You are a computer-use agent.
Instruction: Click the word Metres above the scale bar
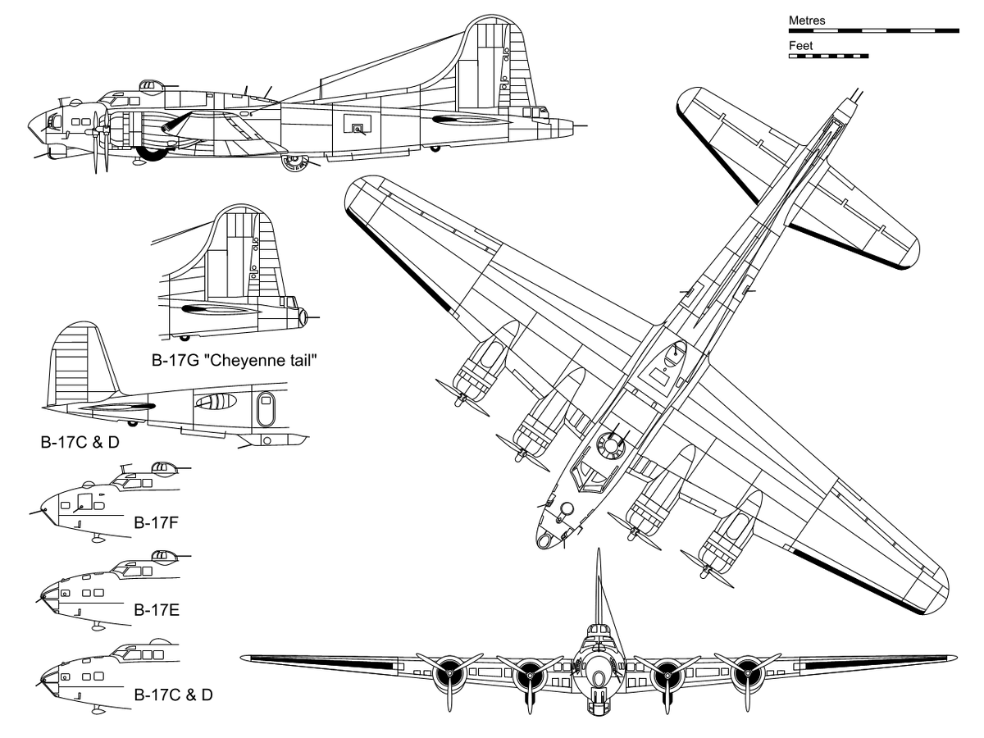[807, 20]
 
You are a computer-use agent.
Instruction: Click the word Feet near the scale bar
[800, 45]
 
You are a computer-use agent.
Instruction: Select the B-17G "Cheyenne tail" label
[235, 360]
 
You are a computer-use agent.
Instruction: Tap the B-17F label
[156, 522]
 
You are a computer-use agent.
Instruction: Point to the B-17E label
[157, 610]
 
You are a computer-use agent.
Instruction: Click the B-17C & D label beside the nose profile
[174, 695]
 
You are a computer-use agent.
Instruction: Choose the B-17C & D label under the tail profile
[80, 442]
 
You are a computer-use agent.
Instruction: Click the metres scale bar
[874, 31]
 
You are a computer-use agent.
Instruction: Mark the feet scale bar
[828, 57]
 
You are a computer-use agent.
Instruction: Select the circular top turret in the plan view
[610, 445]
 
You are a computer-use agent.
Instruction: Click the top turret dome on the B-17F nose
[162, 467]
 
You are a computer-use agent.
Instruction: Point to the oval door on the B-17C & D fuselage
[266, 409]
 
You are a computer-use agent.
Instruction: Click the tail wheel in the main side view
[435, 148]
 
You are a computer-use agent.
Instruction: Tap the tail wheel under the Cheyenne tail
[184, 337]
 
